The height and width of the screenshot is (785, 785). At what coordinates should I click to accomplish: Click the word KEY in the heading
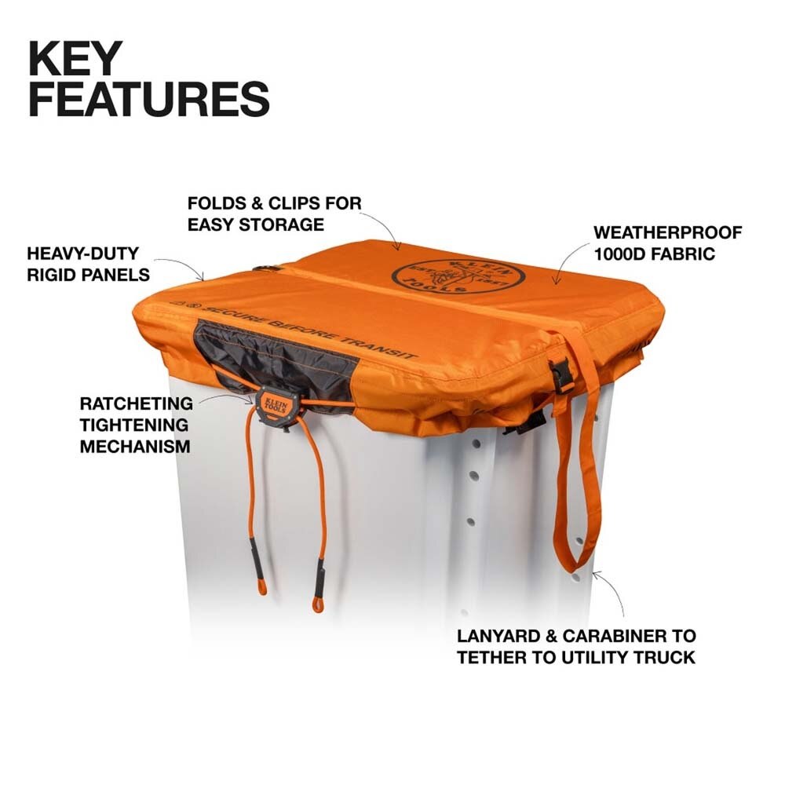click(76, 59)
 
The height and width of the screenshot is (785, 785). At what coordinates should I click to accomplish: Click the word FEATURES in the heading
click(149, 100)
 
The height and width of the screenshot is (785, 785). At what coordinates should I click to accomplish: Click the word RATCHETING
click(136, 404)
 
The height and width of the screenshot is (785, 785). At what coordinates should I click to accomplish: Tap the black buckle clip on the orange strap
click(561, 374)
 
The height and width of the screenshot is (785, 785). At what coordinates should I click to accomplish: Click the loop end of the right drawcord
click(319, 603)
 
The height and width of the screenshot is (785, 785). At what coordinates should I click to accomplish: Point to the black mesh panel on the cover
click(275, 353)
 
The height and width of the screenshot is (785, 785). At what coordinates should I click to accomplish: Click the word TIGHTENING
click(136, 425)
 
